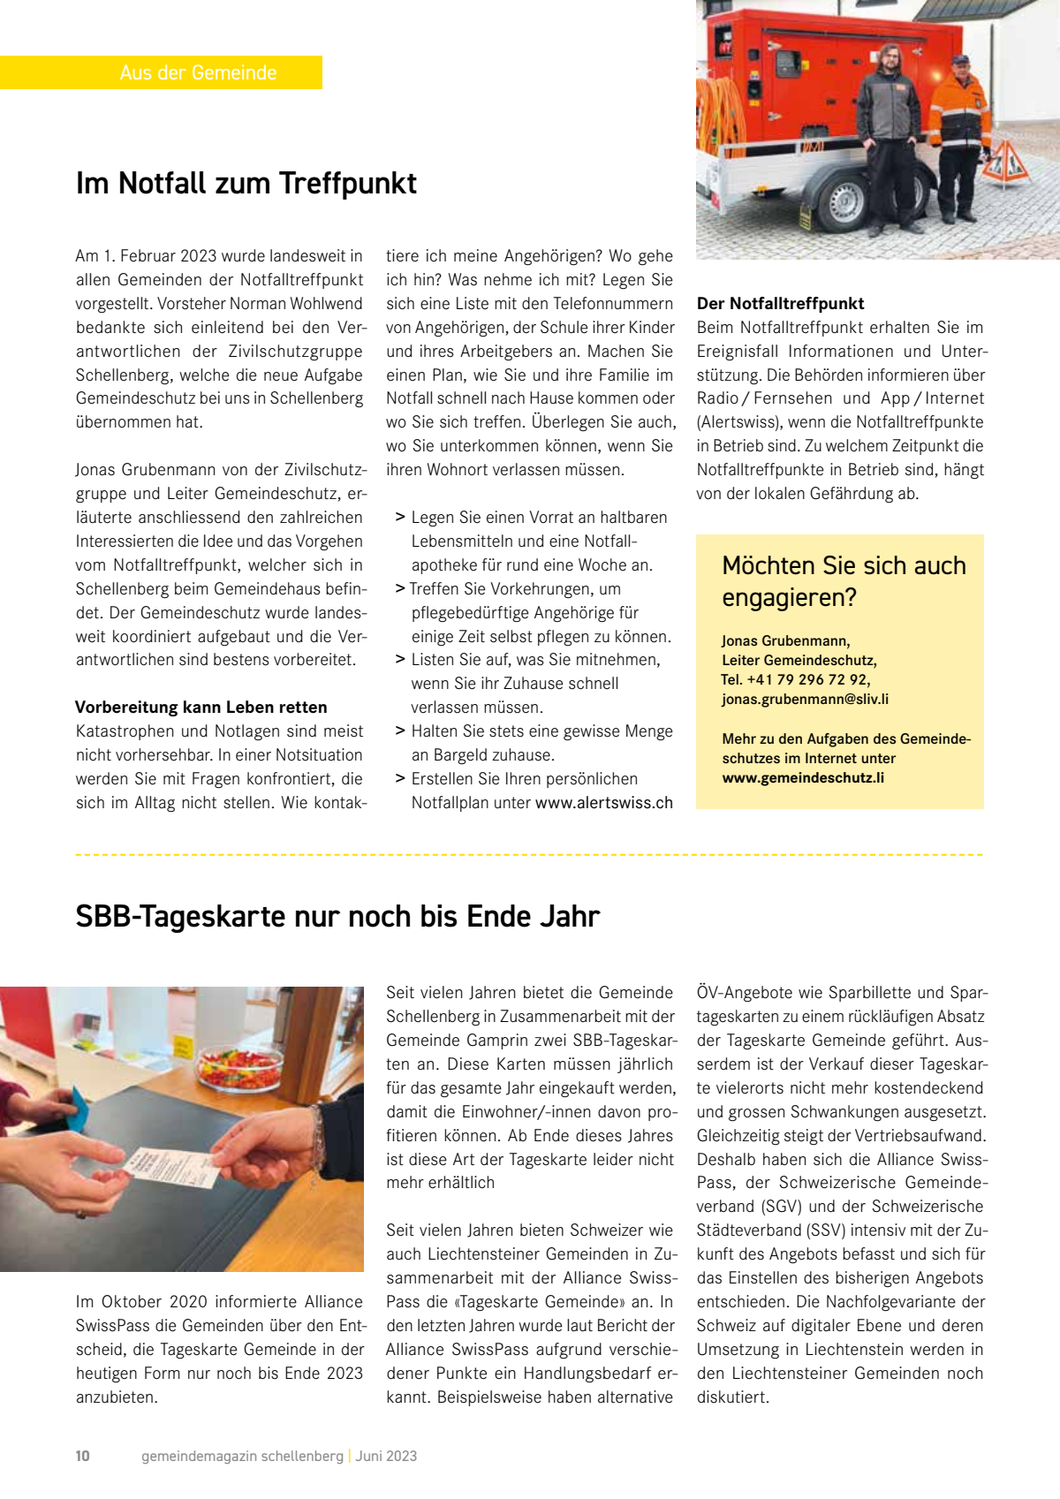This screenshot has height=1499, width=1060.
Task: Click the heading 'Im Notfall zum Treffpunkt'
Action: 246,183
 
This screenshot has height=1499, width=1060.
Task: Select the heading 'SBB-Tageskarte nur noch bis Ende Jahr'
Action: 337,916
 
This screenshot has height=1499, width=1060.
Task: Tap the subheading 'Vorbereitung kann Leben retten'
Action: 201,707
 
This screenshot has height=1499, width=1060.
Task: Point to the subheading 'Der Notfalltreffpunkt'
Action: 780,303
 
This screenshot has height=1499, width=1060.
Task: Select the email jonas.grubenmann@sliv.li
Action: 805,699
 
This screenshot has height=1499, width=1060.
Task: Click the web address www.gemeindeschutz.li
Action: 803,777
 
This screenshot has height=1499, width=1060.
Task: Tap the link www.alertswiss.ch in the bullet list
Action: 604,802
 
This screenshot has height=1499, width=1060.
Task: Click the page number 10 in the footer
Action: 83,1456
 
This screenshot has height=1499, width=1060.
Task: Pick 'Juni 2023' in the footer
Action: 386,1456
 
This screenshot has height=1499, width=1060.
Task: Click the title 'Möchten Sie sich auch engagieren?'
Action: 844,581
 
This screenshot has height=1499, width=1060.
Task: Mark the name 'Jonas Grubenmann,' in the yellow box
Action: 785,640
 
